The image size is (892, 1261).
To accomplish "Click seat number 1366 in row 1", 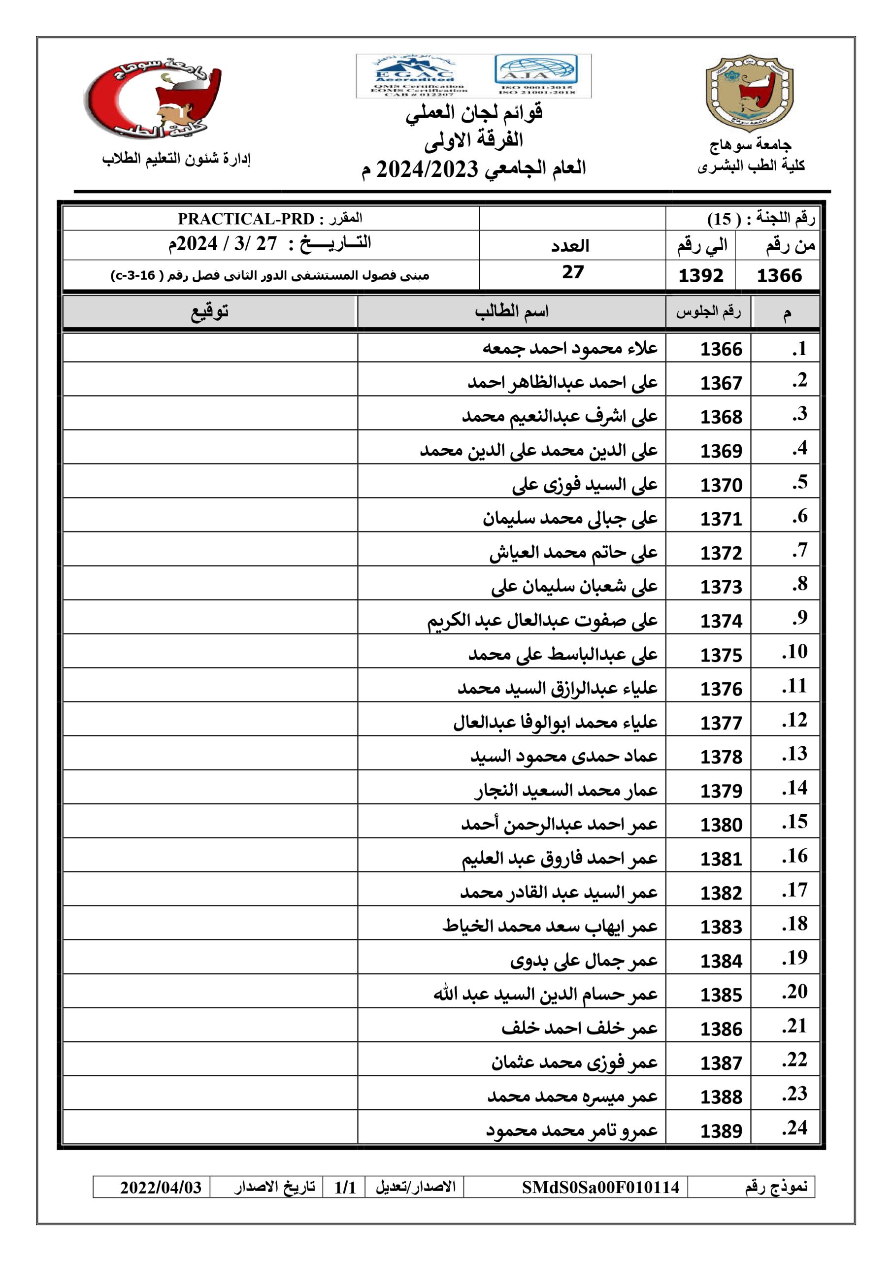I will (x=721, y=349).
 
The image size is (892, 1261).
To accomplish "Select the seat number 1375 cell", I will (x=721, y=655).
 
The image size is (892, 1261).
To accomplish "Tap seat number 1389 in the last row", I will (x=721, y=1131).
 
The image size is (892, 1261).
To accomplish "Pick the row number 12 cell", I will (x=794, y=720).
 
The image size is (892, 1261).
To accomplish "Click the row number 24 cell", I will (x=794, y=1128).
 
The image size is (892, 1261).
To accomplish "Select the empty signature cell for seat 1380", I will (x=210, y=825).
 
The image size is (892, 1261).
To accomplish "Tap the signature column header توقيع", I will (x=210, y=311).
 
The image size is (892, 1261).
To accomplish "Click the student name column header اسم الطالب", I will (x=511, y=311).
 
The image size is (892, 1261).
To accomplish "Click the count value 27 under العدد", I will (x=572, y=272).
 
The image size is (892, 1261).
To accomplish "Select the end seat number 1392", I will (x=700, y=275).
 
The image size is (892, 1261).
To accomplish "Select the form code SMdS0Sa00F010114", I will (x=600, y=1188).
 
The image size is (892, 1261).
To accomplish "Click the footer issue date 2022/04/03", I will (x=161, y=1188).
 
